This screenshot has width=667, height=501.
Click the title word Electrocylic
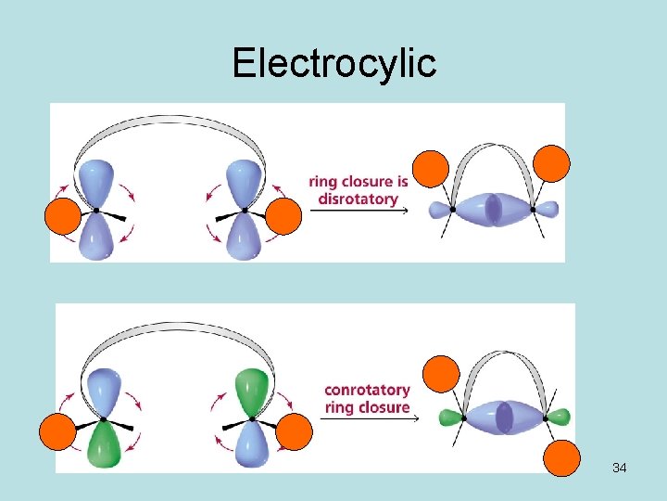[333, 63]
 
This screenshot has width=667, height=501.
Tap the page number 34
[620, 468]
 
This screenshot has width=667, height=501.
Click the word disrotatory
[358, 199]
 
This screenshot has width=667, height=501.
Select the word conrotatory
[367, 391]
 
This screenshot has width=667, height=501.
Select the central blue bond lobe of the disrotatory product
[494, 209]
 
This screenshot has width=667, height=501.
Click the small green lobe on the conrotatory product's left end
[450, 417]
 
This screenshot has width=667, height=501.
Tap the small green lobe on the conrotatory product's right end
[559, 417]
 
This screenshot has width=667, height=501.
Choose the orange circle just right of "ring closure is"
[430, 170]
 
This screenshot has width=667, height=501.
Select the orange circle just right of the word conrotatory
[441, 374]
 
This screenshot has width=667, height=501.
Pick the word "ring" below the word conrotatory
[340, 407]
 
